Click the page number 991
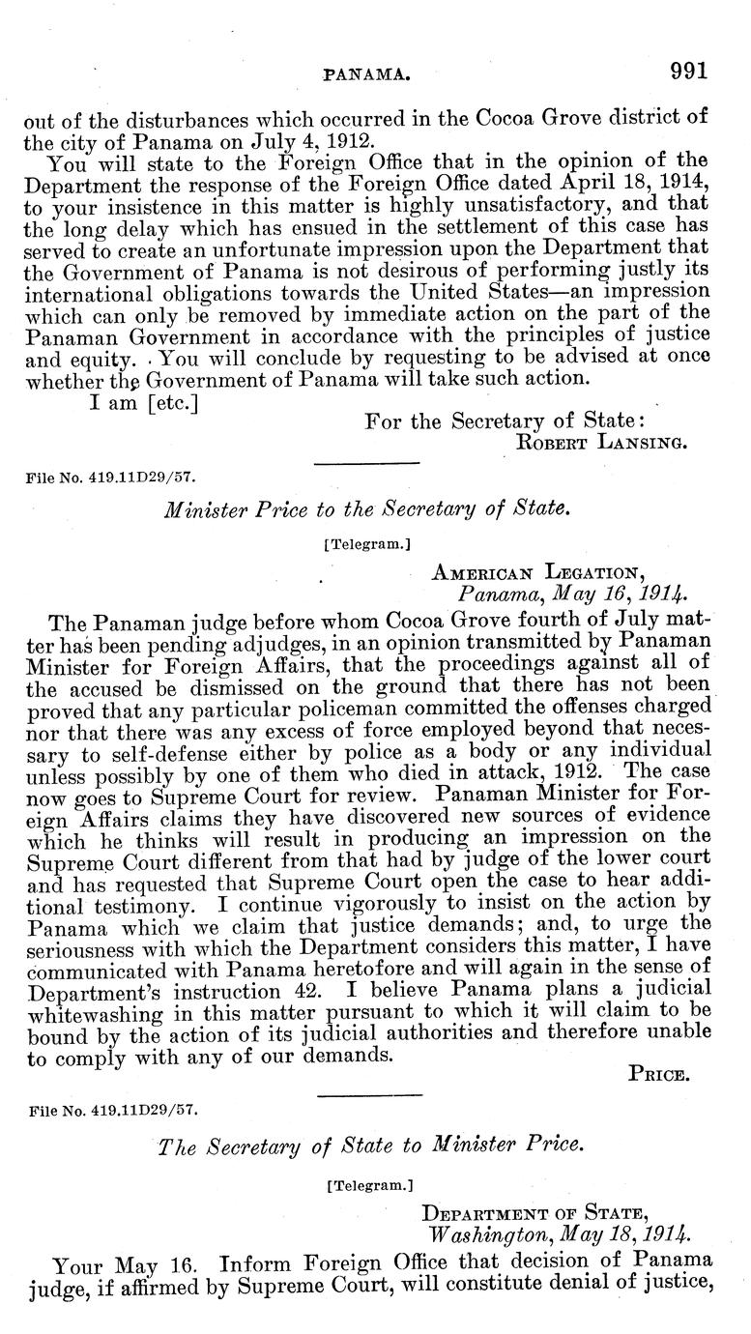687,70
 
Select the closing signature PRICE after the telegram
658,1072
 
